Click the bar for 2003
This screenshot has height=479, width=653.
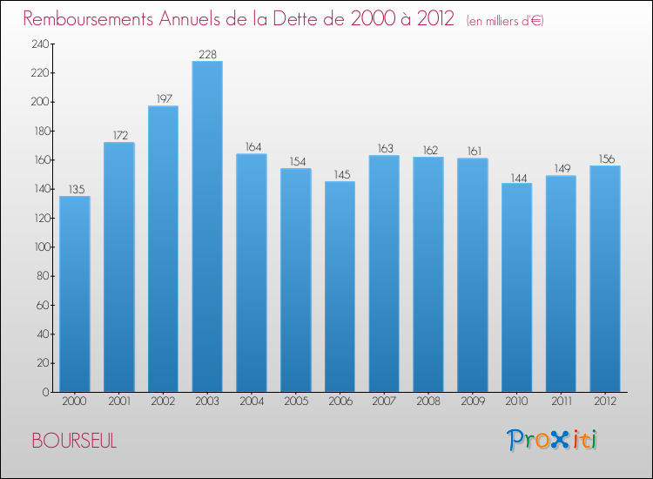click(x=207, y=226)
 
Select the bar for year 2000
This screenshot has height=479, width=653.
click(x=75, y=294)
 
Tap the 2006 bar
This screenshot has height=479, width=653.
click(x=340, y=287)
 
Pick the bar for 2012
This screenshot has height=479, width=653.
click(x=605, y=279)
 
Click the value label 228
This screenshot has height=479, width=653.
click(x=208, y=55)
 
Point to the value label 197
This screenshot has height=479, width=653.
click(x=164, y=98)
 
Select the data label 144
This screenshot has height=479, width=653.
click(x=519, y=179)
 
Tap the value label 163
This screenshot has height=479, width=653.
click(x=385, y=148)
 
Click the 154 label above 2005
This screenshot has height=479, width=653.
click(x=298, y=162)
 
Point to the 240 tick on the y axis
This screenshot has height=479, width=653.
click(x=40, y=44)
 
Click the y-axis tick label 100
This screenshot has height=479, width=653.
click(x=42, y=247)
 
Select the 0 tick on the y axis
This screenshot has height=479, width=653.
click(x=45, y=392)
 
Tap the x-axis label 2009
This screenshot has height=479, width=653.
click(x=473, y=401)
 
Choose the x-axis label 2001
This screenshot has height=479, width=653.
click(x=119, y=401)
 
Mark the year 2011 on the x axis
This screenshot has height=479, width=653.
click(x=562, y=401)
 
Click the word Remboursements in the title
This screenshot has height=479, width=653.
click(x=88, y=19)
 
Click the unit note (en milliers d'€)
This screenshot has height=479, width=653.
click(x=505, y=21)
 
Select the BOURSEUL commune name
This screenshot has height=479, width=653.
click(x=74, y=441)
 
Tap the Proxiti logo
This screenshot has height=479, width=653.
click(x=552, y=440)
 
